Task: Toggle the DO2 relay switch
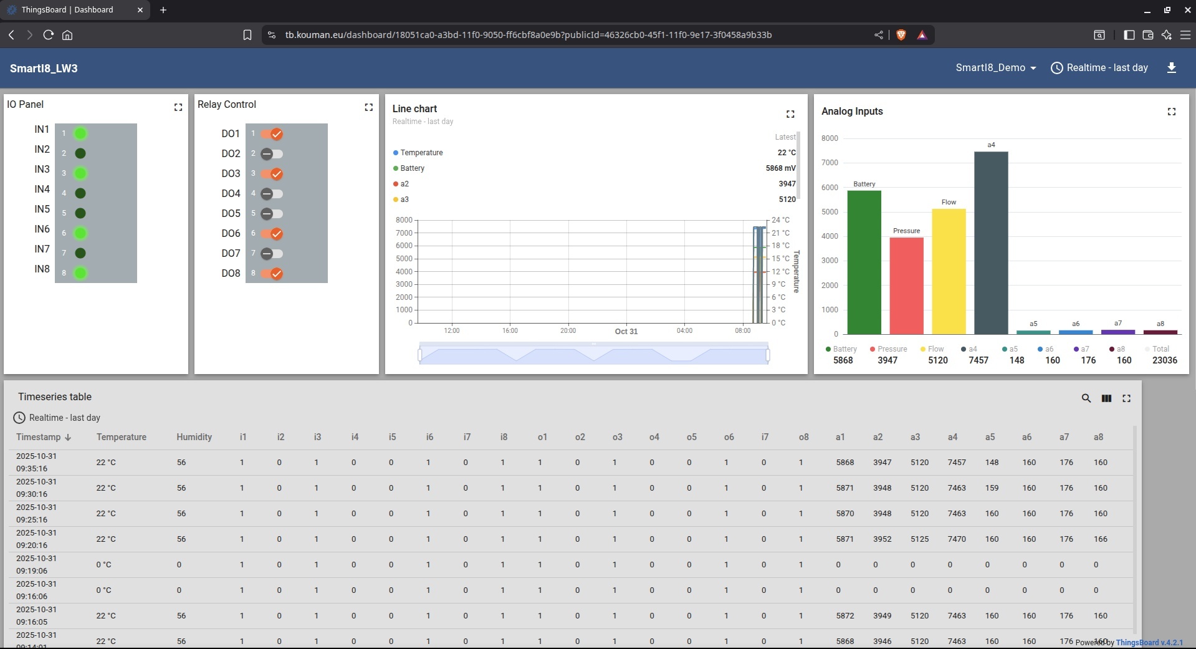point(271,153)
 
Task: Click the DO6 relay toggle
point(272,234)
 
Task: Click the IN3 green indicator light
point(80,173)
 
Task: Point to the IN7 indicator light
point(80,253)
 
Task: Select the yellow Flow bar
point(949,271)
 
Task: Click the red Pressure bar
point(906,286)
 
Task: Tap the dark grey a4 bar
point(991,243)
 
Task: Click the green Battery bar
point(864,262)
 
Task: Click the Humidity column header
point(194,437)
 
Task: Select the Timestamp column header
point(39,437)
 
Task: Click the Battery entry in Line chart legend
point(412,168)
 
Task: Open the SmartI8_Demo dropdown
point(995,68)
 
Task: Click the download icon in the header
point(1171,68)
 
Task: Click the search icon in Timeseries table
point(1086,398)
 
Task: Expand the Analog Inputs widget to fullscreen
point(1171,112)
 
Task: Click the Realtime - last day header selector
point(1099,68)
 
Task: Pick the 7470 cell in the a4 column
point(957,539)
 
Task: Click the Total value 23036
point(1164,360)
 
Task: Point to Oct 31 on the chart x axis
point(626,332)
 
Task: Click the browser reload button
point(48,35)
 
